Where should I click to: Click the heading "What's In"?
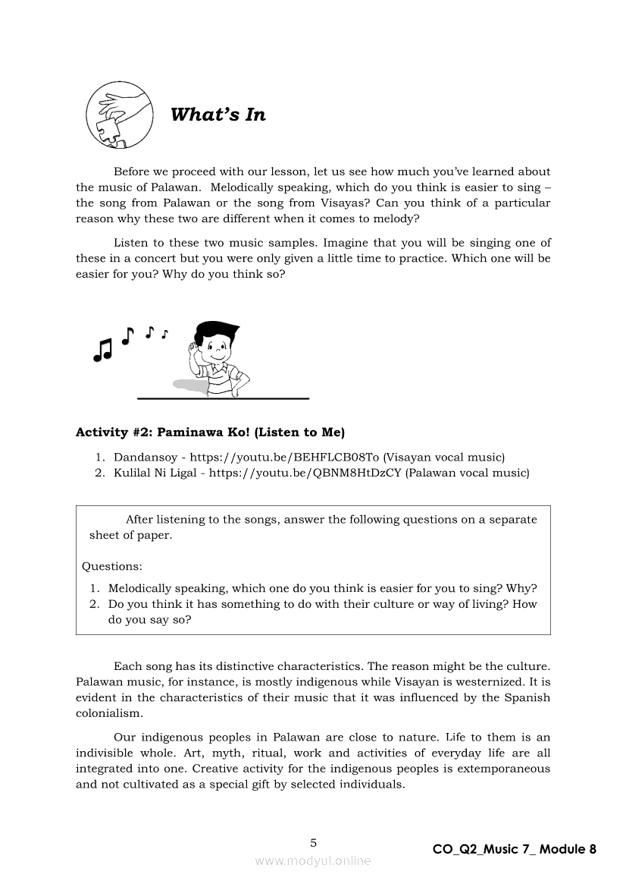tap(218, 115)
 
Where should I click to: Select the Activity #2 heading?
tap(210, 432)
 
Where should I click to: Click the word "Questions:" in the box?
tap(111, 566)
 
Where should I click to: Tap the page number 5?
tap(314, 842)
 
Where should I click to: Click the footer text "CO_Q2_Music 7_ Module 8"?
tap(514, 849)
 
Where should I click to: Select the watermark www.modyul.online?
tap(313, 860)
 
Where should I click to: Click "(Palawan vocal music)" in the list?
tap(468, 473)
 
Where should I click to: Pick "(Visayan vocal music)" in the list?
tap(443, 458)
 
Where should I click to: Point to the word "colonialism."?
tap(108, 713)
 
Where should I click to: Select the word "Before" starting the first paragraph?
tap(132, 171)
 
